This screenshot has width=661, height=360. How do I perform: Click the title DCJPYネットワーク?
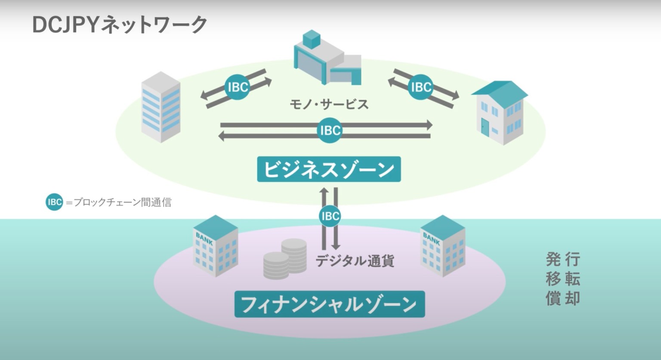tap(120, 25)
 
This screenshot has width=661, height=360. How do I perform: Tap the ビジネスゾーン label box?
tap(329, 169)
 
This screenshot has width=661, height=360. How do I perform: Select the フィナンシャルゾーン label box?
tap(329, 304)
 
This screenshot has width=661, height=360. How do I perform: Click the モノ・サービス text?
tap(329, 104)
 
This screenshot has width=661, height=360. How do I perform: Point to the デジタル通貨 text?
tap(355, 261)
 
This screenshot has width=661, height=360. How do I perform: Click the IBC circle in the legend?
tap(54, 202)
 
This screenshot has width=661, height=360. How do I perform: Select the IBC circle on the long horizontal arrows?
tap(330, 130)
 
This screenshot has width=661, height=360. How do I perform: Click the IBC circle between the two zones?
tap(330, 216)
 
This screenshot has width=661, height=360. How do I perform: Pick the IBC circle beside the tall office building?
tap(238, 87)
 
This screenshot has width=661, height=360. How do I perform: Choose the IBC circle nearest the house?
tap(420, 87)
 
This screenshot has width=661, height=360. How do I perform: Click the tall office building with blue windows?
tap(161, 107)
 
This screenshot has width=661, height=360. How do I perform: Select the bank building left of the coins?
tap(215, 245)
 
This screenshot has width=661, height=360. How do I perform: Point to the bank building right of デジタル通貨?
tap(442, 245)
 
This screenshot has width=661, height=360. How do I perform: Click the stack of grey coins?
tap(285, 259)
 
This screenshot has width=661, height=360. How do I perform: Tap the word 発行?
tap(563, 260)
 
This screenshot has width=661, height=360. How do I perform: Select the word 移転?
tap(563, 279)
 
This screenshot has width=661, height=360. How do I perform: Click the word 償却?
tap(563, 298)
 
